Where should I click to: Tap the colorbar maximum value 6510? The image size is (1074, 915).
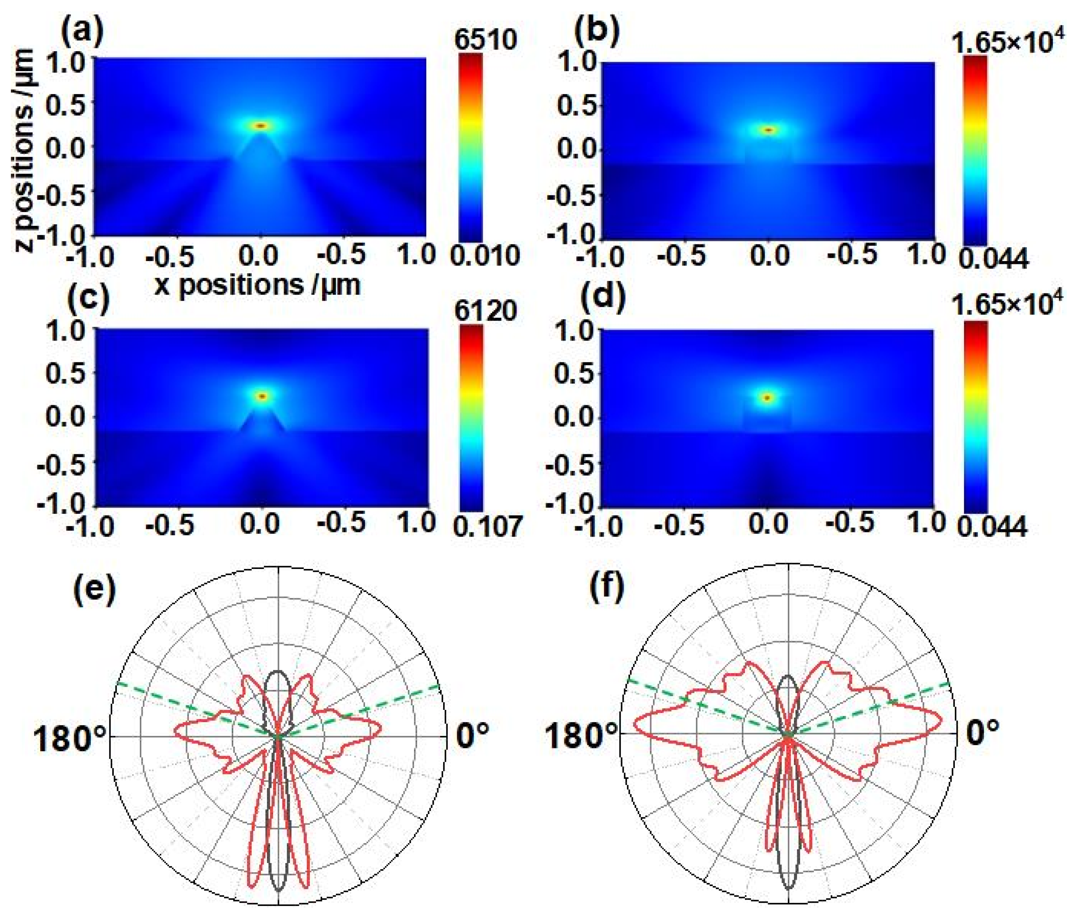pyautogui.click(x=485, y=39)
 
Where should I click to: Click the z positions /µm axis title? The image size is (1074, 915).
pyautogui.click(x=25, y=150)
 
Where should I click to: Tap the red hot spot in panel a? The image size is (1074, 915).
pyautogui.click(x=261, y=125)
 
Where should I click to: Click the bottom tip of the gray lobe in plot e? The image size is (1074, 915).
pyautogui.click(x=279, y=890)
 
